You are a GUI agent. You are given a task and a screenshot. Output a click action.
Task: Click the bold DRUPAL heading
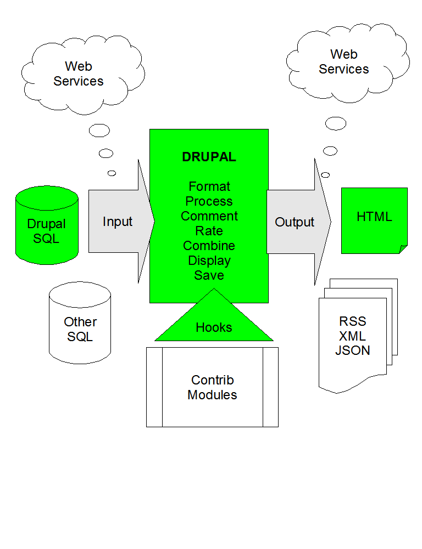209,157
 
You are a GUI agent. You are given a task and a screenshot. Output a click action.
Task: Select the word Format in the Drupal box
209,186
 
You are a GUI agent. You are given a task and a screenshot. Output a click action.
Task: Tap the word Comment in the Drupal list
209,216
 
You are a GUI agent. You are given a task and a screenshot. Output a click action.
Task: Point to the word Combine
209,246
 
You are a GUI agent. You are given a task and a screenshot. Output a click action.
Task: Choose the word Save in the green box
209,275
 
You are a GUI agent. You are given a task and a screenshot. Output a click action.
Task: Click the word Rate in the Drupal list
209,231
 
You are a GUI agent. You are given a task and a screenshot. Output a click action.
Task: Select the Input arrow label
118,222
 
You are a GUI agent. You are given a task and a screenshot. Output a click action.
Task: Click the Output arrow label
295,222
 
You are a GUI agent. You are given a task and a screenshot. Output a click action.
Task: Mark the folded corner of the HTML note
403,249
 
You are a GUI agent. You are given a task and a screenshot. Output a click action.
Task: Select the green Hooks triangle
214,324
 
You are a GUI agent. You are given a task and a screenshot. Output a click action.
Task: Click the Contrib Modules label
212,387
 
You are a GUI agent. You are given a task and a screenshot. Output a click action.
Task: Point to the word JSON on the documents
353,350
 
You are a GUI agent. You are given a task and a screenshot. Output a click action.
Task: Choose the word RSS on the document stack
353,321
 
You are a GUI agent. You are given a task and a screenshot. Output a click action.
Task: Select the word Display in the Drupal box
209,261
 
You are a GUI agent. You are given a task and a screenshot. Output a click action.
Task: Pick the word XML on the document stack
353,336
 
